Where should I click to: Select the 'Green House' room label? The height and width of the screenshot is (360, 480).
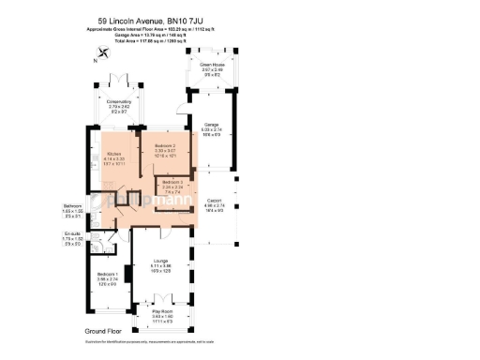click(213, 65)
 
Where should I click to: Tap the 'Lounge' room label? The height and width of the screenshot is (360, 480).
click(160, 262)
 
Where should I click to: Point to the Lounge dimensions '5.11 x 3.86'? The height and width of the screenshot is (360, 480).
click(160, 267)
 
